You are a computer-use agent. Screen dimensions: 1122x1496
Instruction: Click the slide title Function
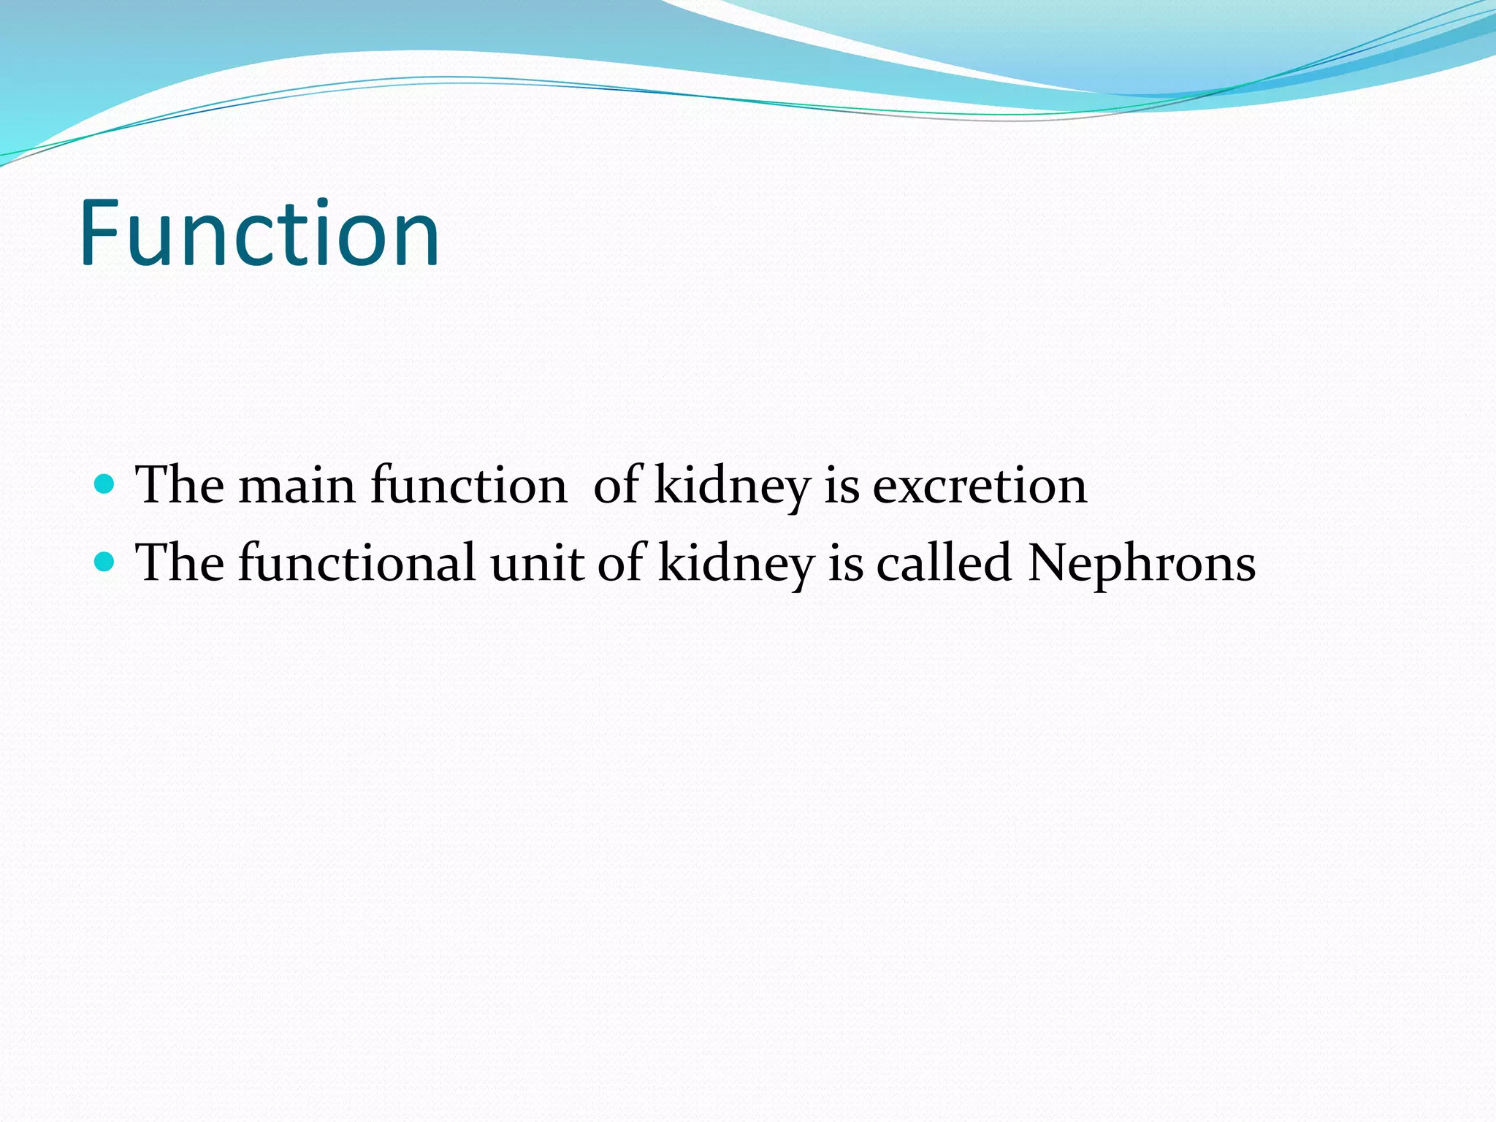pyautogui.click(x=259, y=234)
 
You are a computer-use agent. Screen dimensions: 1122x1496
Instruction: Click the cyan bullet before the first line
pyautogui.click(x=105, y=484)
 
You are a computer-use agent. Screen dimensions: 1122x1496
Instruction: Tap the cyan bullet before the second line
pyautogui.click(x=105, y=561)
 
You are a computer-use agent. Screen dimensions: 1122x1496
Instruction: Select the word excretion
pyautogui.click(x=980, y=486)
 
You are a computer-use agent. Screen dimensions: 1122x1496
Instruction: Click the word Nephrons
pyautogui.click(x=1141, y=564)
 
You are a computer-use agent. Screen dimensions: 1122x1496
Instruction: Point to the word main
pyautogui.click(x=297, y=486)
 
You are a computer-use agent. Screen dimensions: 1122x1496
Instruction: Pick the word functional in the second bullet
pyautogui.click(x=356, y=564)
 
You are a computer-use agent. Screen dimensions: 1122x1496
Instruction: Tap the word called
pyautogui.click(x=944, y=564)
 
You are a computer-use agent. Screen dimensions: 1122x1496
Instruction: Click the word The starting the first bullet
pyautogui.click(x=180, y=486)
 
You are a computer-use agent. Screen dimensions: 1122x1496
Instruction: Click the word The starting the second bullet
pyautogui.click(x=180, y=564)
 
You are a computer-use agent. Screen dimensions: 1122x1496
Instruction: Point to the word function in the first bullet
pyautogui.click(x=468, y=486)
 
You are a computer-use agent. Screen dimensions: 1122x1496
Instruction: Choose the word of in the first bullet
pyautogui.click(x=618, y=486)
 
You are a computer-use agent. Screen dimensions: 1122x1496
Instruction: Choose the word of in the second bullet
pyautogui.click(x=622, y=564)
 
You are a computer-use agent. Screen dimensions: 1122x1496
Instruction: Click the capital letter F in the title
pyautogui.click(x=99, y=234)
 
